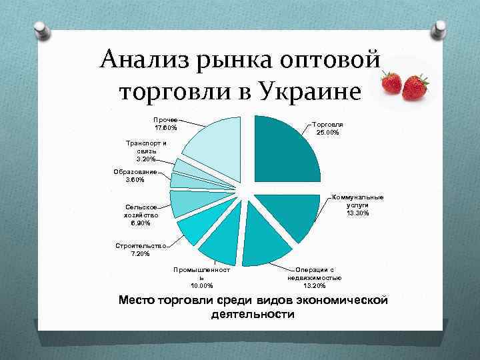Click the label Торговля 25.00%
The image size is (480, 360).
(327, 128)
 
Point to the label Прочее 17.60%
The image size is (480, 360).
(165, 123)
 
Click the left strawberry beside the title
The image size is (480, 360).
(391, 83)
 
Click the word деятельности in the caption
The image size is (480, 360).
(252, 313)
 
